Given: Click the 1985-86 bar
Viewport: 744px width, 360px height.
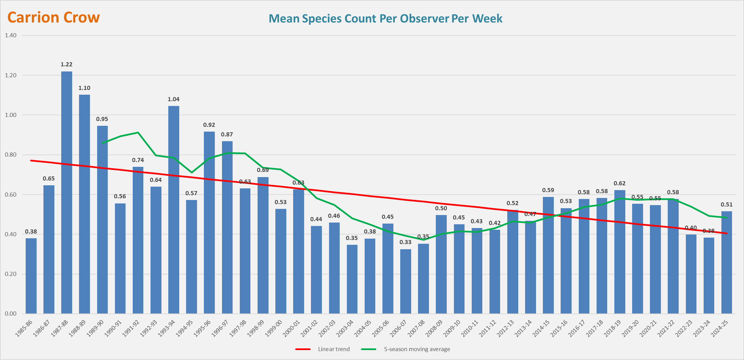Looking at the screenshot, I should click(x=31, y=276).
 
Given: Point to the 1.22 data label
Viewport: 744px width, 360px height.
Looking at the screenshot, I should click(x=67, y=64).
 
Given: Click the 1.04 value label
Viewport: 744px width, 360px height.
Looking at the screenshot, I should click(x=173, y=99).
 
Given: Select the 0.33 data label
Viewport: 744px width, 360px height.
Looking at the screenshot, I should click(x=406, y=242).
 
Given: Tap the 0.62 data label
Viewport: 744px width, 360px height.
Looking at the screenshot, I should click(x=619, y=183).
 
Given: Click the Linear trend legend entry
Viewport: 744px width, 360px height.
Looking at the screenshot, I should click(x=334, y=349).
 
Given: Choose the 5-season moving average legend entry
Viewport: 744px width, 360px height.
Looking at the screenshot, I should click(x=417, y=349).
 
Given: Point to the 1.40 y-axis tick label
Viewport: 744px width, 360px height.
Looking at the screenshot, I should click(x=11, y=35).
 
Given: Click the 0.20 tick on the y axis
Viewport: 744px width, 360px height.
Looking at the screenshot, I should click(x=11, y=274).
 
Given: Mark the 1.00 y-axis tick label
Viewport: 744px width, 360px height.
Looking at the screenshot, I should click(x=11, y=115).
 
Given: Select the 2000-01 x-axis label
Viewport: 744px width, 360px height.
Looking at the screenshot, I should click(x=291, y=328).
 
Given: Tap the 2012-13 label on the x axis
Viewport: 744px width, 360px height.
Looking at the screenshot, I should click(x=506, y=328).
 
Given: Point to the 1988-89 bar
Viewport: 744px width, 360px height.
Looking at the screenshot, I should click(x=84, y=204).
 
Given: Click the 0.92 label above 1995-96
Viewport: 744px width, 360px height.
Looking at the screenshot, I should click(x=209, y=125).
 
